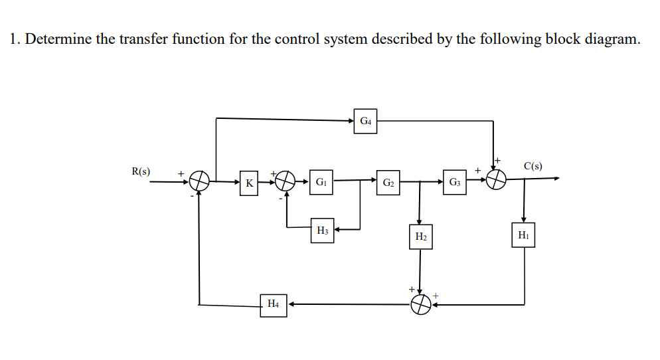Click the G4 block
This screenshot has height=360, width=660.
(x=365, y=122)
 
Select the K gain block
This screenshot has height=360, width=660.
(x=249, y=183)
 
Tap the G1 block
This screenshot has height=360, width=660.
(x=321, y=181)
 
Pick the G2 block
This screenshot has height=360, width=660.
(x=389, y=182)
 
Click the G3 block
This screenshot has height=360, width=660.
(x=455, y=182)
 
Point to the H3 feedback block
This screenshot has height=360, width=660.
(x=323, y=231)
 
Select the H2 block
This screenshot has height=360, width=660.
(x=421, y=236)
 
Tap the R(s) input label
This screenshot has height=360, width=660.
(x=140, y=171)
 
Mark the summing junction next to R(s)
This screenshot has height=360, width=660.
(x=200, y=179)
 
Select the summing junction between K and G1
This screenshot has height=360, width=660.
(x=286, y=180)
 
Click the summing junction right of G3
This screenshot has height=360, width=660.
(x=497, y=179)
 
